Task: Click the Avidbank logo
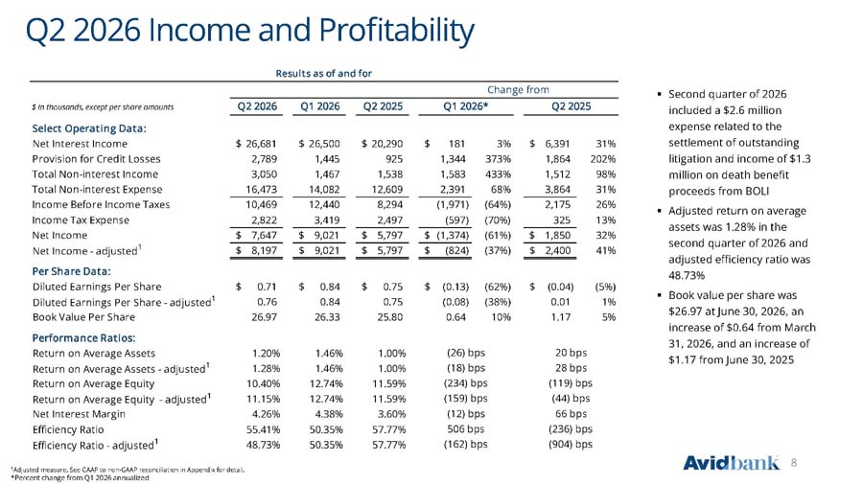(x=731, y=462)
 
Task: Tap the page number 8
(x=794, y=463)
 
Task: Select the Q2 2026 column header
(x=257, y=106)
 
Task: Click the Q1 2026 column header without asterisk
(x=319, y=106)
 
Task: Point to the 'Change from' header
(x=518, y=90)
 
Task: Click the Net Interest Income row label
(x=80, y=144)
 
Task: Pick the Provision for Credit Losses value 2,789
(x=265, y=159)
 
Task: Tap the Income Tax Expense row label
(x=81, y=219)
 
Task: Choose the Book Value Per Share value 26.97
(x=265, y=317)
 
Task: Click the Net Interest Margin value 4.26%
(x=266, y=414)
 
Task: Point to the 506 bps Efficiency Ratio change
(x=466, y=428)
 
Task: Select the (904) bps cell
(x=571, y=445)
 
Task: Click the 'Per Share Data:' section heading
(x=72, y=271)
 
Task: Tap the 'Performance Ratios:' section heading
(x=83, y=337)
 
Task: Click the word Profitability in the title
(x=396, y=31)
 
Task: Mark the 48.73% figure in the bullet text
(x=687, y=275)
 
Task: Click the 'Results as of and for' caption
(x=324, y=73)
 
